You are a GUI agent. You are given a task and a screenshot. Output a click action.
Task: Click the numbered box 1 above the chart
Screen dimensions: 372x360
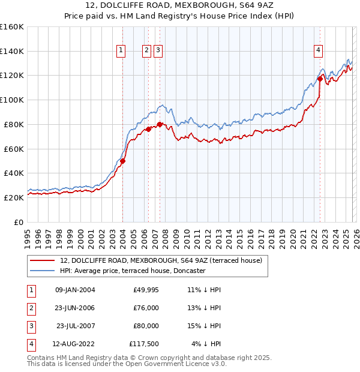click(x=121, y=51)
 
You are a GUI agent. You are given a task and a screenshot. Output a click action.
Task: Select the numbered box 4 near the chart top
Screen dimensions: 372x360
click(x=318, y=51)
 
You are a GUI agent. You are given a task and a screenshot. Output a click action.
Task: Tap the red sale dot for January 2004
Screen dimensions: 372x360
click(x=122, y=161)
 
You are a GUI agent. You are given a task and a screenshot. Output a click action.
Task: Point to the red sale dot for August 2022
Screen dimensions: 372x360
click(x=320, y=79)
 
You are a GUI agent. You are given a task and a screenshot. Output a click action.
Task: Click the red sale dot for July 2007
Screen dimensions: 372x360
click(x=160, y=124)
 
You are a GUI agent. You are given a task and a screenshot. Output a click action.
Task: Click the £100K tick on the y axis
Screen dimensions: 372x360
click(x=11, y=100)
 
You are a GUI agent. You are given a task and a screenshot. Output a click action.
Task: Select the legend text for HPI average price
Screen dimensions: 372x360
click(x=133, y=271)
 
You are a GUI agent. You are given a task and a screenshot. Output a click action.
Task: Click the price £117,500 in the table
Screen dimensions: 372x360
click(x=143, y=344)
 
